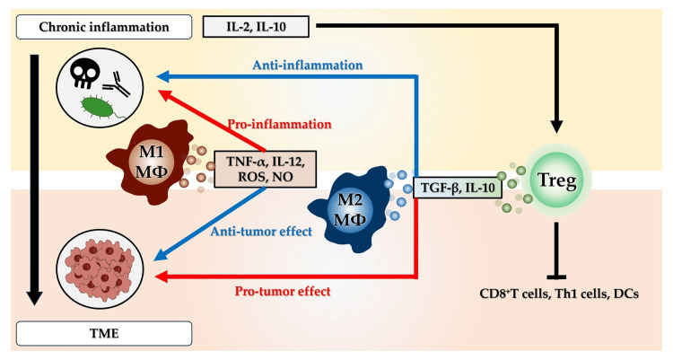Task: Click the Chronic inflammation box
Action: click(104, 27)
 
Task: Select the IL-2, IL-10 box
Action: click(256, 27)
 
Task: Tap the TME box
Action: click(104, 333)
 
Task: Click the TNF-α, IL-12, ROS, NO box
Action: click(265, 170)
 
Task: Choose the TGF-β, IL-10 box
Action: click(458, 188)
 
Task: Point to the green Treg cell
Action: click(557, 180)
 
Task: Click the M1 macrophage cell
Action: click(148, 162)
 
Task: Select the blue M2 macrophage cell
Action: click(347, 210)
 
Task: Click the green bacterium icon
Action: click(99, 107)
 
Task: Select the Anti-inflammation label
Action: click(307, 66)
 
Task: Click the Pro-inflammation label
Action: click(279, 125)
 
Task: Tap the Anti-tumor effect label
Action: click(261, 232)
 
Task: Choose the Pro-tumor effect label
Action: click(283, 291)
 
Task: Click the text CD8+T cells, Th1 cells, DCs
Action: click(559, 294)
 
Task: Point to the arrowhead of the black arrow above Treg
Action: click(556, 127)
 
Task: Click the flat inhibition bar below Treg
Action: click(556, 277)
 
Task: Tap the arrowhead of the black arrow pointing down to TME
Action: click(35, 298)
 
